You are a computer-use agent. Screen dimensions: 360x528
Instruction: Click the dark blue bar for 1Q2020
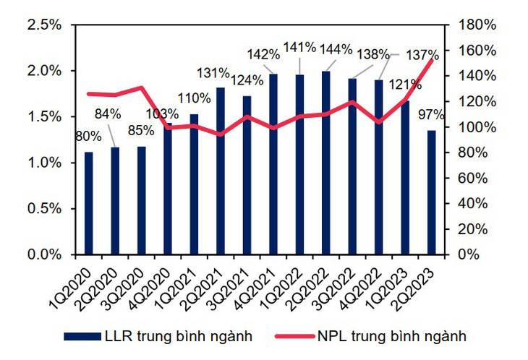[89, 203]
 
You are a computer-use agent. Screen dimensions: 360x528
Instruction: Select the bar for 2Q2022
[327, 163]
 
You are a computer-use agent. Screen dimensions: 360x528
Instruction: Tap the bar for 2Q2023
[432, 192]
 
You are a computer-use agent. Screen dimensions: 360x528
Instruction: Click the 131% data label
[213, 74]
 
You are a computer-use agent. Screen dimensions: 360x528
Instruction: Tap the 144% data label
[336, 50]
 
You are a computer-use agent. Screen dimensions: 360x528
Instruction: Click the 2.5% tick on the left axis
[44, 25]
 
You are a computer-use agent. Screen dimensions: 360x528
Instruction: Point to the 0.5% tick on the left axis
[44, 209]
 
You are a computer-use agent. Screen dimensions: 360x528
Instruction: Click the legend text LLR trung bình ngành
[177, 335]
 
